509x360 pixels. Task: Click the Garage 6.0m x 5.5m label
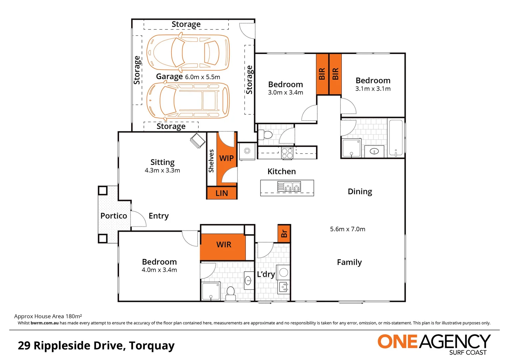(188, 77)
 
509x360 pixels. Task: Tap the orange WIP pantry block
(226, 158)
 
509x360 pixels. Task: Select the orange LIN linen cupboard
(222, 193)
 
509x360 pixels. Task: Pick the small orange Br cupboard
(284, 233)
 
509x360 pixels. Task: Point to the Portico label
(114, 216)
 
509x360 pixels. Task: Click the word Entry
(159, 216)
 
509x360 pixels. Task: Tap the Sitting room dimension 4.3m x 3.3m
(162, 171)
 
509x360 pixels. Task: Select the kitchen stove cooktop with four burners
(287, 153)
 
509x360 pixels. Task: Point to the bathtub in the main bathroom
(396, 138)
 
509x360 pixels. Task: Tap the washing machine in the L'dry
(283, 273)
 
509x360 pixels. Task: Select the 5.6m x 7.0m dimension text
(347, 229)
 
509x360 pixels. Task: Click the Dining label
(360, 192)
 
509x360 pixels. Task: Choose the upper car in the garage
(188, 52)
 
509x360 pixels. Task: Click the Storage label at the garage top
(186, 24)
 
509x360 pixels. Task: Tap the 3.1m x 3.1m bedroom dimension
(373, 89)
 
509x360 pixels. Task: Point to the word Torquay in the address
(152, 346)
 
